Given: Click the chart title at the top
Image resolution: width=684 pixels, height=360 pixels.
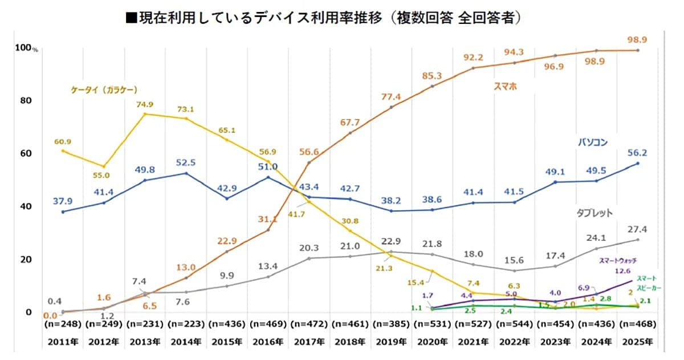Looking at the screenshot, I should pyautogui.click(x=324, y=18).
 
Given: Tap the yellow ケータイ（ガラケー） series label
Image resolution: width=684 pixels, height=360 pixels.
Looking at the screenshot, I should pyautogui.click(x=105, y=89).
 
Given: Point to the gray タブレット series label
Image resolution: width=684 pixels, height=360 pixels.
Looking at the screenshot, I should pyautogui.click(x=593, y=212).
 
